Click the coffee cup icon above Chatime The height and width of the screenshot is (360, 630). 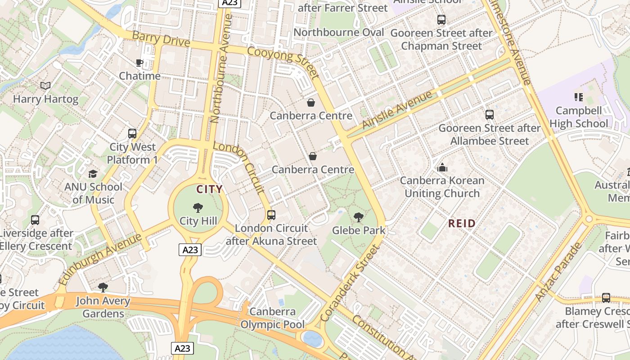(139, 63)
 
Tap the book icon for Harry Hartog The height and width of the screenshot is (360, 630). (45, 85)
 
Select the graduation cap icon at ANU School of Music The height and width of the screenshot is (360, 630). (93, 174)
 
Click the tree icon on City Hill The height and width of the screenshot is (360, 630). (198, 208)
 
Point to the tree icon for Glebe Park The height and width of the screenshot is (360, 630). (359, 217)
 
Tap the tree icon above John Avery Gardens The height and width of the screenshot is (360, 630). (103, 288)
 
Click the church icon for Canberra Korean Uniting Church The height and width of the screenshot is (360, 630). (442, 167)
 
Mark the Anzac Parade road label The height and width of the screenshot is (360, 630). (558, 272)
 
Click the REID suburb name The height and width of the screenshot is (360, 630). (462, 224)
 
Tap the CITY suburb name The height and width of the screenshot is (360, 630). (209, 189)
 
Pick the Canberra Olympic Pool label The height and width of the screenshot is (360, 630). (273, 318)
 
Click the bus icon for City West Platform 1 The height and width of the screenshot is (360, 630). (132, 134)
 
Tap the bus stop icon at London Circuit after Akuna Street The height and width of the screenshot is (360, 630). (271, 215)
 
